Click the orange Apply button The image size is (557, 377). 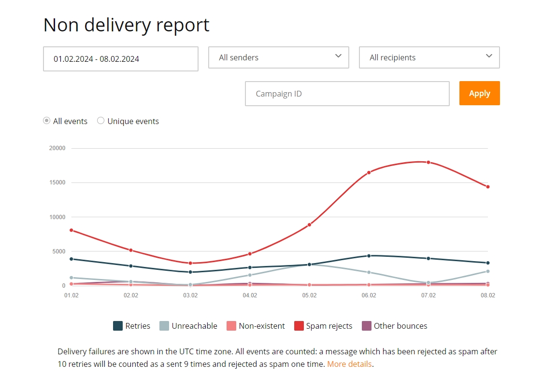(x=479, y=93)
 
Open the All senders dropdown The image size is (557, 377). (x=278, y=57)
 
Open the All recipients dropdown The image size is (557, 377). (x=429, y=57)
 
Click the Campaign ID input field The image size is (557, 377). (x=347, y=94)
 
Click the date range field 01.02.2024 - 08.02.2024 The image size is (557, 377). (x=121, y=59)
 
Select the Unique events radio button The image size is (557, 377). (x=101, y=121)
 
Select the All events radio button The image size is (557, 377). (x=46, y=121)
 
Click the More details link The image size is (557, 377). (x=350, y=364)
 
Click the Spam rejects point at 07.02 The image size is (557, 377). (x=428, y=162)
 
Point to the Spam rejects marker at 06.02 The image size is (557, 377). (x=369, y=172)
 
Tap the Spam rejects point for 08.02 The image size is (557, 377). (x=488, y=187)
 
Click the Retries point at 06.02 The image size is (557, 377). (x=369, y=255)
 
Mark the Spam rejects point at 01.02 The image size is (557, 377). (x=71, y=230)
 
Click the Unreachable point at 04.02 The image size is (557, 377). (x=250, y=275)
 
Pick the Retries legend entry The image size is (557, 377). (x=131, y=326)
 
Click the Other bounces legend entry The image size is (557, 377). (x=394, y=326)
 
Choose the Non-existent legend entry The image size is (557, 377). (x=256, y=326)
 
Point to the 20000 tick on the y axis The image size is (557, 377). (x=57, y=148)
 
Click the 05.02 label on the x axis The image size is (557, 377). (x=309, y=295)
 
